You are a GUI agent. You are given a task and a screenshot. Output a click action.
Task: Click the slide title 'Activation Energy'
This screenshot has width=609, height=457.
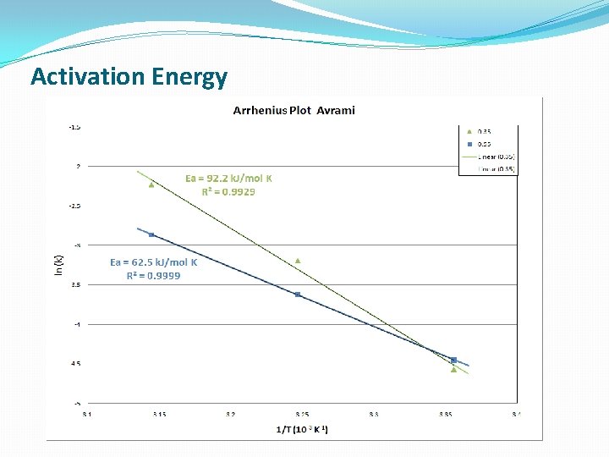click(129, 77)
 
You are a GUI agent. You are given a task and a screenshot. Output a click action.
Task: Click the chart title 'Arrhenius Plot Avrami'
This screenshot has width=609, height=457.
click(294, 110)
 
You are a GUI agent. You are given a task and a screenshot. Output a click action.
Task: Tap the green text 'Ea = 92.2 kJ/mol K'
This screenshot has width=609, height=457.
click(228, 179)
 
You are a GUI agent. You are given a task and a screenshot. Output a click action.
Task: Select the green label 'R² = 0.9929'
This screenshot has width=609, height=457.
click(228, 191)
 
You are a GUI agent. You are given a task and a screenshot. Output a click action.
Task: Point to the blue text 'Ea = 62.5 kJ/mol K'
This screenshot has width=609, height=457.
click(153, 262)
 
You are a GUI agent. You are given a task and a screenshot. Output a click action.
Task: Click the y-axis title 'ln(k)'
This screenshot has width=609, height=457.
click(58, 265)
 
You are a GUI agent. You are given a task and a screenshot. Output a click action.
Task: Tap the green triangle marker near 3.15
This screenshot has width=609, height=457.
click(151, 184)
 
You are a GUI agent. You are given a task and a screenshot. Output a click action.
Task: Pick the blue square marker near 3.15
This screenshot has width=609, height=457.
click(151, 234)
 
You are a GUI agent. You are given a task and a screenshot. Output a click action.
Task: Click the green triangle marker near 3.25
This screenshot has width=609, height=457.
click(298, 260)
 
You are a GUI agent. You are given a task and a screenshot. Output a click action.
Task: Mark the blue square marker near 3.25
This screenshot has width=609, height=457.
click(298, 295)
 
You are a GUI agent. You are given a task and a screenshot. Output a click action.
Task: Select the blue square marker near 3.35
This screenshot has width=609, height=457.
click(453, 360)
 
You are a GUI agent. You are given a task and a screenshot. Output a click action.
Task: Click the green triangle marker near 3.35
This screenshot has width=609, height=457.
click(453, 369)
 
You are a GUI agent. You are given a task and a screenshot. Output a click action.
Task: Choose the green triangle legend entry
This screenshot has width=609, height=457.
click(469, 131)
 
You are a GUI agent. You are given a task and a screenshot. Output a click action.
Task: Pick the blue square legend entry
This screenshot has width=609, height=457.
click(469, 144)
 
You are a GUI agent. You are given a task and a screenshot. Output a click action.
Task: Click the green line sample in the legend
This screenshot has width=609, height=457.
click(469, 157)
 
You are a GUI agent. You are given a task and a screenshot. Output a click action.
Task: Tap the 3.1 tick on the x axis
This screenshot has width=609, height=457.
click(87, 414)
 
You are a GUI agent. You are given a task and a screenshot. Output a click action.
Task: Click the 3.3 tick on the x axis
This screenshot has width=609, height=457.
click(374, 414)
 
